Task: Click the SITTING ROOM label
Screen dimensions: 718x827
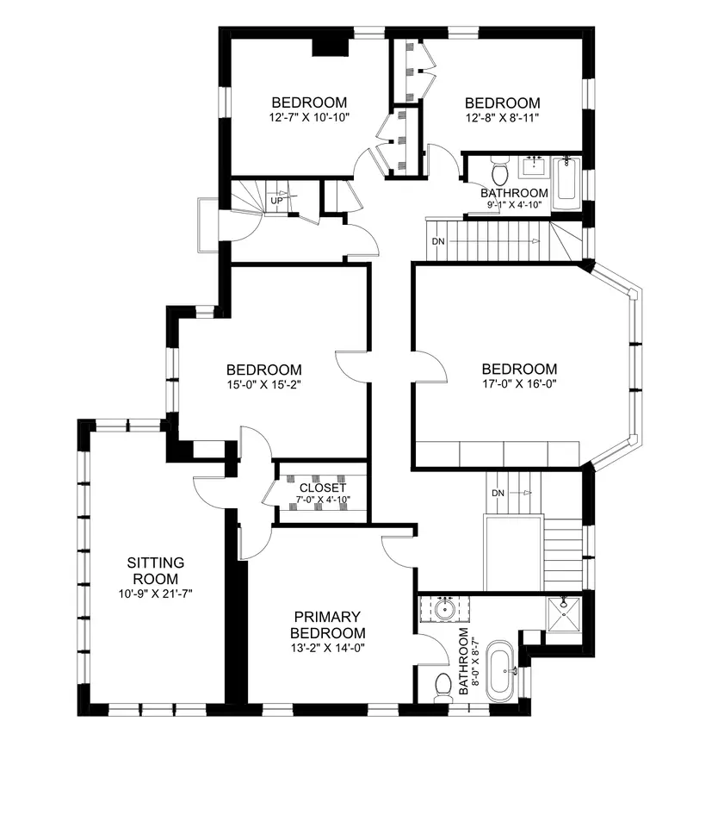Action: (156, 570)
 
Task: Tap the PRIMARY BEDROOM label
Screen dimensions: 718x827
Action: (327, 625)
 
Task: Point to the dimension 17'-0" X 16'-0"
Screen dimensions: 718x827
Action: (519, 384)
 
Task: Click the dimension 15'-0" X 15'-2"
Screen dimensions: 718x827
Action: (264, 385)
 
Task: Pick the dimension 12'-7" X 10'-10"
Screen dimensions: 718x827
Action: (309, 117)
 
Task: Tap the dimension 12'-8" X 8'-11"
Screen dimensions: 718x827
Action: (503, 118)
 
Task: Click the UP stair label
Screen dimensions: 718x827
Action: (276, 201)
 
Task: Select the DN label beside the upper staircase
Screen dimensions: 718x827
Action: (438, 241)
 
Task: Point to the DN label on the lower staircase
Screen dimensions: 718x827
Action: (498, 493)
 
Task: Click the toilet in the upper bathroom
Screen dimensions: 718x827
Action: (498, 170)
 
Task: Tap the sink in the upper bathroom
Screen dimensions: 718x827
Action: (534, 166)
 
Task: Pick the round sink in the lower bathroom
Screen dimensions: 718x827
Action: (446, 610)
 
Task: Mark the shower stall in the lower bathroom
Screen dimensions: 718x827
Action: (564, 613)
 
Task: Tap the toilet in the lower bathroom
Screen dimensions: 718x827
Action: (443, 689)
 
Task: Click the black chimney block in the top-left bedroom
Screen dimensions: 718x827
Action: (331, 47)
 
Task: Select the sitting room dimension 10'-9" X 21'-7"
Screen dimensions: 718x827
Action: (156, 594)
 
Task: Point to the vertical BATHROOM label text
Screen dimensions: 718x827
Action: (463, 661)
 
